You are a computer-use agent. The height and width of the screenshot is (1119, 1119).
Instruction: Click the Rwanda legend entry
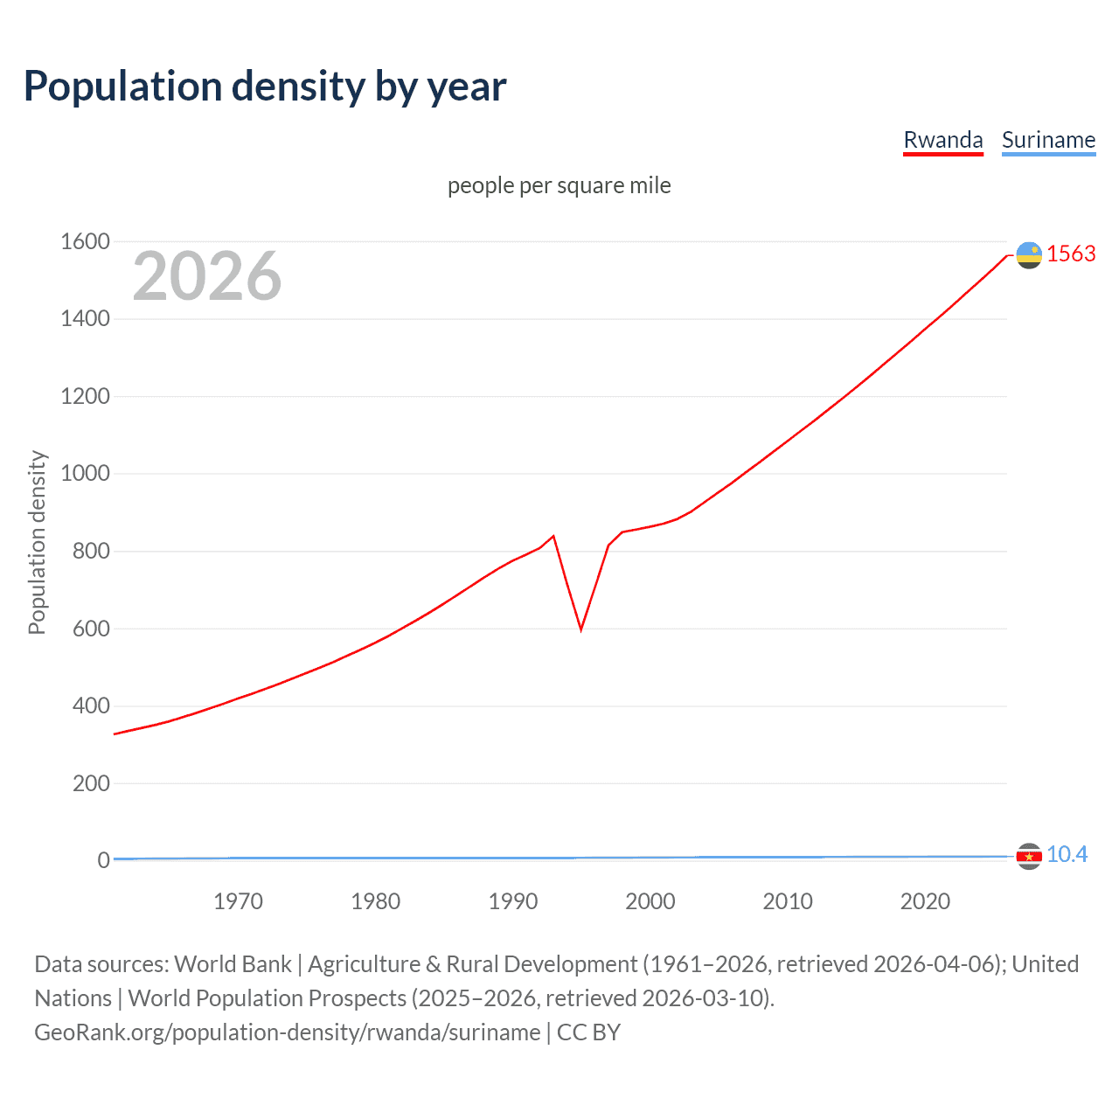[x=942, y=140]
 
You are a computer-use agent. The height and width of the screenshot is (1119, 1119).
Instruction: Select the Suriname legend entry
[x=1048, y=140]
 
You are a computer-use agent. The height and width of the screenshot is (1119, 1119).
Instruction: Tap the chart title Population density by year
[x=265, y=87]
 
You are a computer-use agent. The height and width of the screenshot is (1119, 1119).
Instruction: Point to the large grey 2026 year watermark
[x=207, y=276]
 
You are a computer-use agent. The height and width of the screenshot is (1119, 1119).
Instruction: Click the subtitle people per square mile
[x=559, y=185]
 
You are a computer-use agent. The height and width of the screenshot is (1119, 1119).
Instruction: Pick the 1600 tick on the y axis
[x=85, y=241]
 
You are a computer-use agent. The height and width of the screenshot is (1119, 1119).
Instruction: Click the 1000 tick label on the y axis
[x=85, y=474]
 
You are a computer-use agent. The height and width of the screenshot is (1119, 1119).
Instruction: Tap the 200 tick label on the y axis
[x=91, y=783]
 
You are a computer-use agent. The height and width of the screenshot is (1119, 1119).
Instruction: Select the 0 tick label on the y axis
[x=103, y=860]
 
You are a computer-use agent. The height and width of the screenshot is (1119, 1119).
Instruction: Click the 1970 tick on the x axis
[x=238, y=901]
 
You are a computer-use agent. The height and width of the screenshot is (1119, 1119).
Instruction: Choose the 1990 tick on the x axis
[x=513, y=901]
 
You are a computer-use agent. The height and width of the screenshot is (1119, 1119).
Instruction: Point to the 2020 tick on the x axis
[x=925, y=901]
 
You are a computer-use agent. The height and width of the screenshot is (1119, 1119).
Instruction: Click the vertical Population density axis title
[x=37, y=542]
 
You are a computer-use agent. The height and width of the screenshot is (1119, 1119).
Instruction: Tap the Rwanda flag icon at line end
[x=1029, y=255]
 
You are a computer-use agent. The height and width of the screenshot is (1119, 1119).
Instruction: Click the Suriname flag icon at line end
[x=1029, y=857]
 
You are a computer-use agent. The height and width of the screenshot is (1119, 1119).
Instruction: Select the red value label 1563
[x=1071, y=254]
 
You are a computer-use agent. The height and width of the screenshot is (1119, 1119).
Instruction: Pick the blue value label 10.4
[x=1067, y=854]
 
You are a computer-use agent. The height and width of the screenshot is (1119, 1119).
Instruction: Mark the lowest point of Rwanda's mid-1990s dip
[x=581, y=629]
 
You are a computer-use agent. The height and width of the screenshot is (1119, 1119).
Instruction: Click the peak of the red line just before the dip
[x=553, y=536]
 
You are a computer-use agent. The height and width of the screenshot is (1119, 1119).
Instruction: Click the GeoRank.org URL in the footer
[x=287, y=1032]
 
